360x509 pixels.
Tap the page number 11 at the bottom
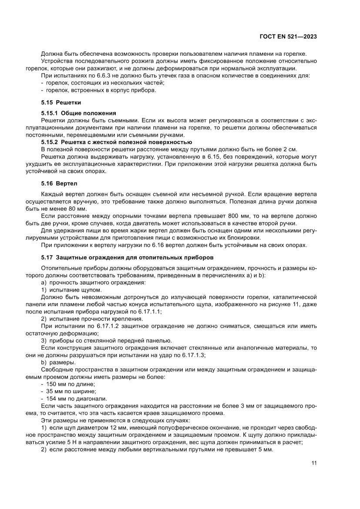click(313, 463)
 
